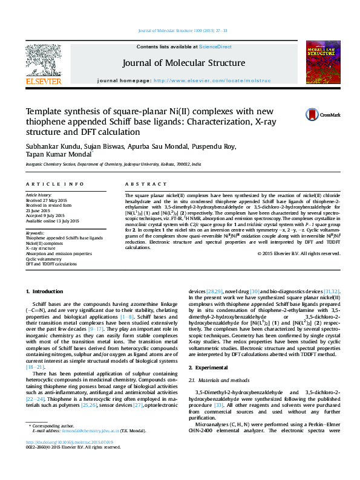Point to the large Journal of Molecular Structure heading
click(183, 63)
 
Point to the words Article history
click(39, 196)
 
